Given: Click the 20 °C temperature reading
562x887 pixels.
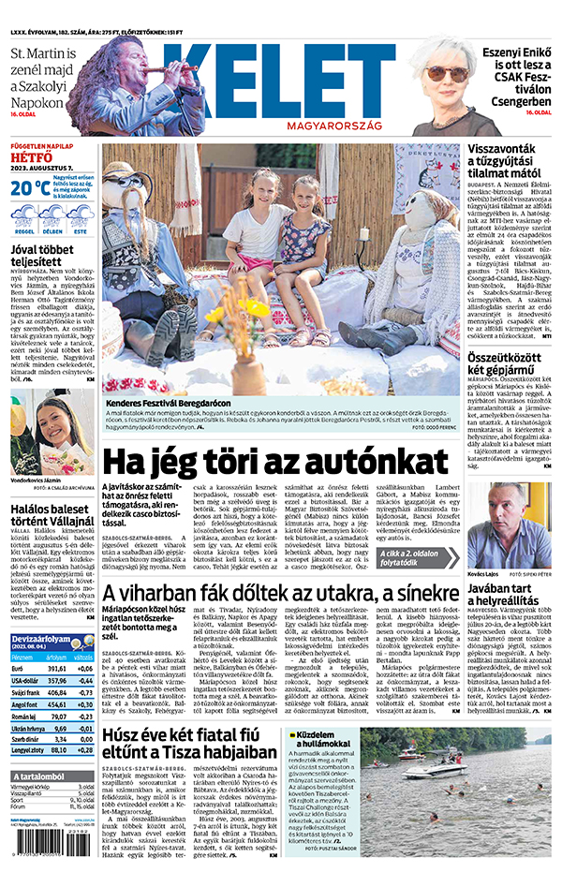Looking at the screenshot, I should coord(29,187).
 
